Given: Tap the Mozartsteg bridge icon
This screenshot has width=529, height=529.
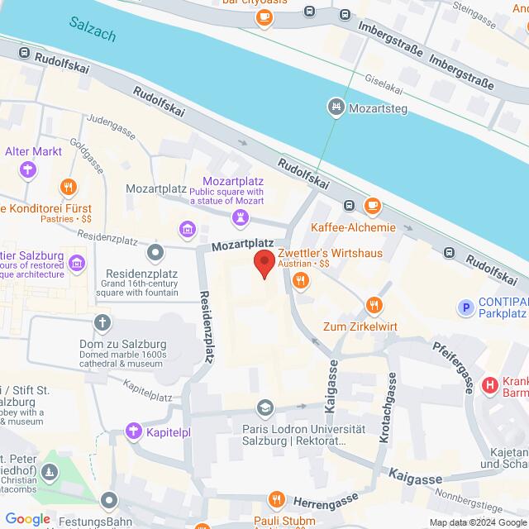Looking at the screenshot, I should [x=336, y=107].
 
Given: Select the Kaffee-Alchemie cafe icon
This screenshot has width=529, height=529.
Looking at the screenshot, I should [x=373, y=206].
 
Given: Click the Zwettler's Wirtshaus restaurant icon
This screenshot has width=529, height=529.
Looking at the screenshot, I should [x=298, y=281].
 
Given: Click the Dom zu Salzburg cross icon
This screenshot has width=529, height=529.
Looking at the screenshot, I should [x=102, y=322].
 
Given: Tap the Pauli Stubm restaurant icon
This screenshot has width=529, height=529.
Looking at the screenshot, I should [x=277, y=500].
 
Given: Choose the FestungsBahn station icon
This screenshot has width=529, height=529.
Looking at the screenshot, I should [x=109, y=501].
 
